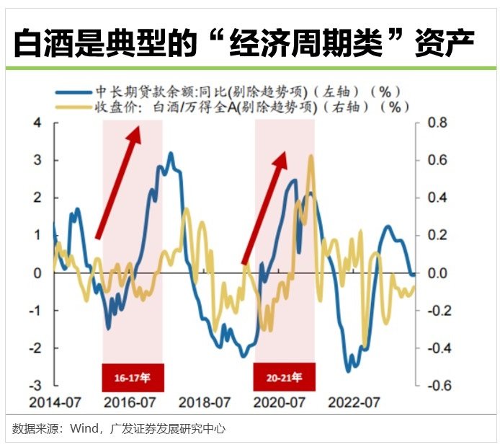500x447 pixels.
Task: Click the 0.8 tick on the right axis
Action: pyautogui.click(x=437, y=123)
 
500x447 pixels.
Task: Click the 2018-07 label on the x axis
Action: pyautogui.click(x=205, y=402)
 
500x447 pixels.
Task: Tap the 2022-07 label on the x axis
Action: pyautogui.click(x=354, y=402)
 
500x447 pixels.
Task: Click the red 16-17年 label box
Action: pyautogui.click(x=133, y=376)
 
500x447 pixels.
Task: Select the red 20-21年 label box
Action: pyautogui.click(x=284, y=376)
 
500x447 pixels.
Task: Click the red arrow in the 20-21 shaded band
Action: pyautogui.click(x=264, y=206)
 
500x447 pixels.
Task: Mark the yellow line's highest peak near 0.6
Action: pyautogui.click(x=311, y=156)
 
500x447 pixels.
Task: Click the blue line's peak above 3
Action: pyautogui.click(x=170, y=153)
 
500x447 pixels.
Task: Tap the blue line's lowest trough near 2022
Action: pyautogui.click(x=349, y=371)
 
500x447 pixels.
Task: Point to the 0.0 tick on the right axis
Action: pyautogui.click(x=437, y=273)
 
